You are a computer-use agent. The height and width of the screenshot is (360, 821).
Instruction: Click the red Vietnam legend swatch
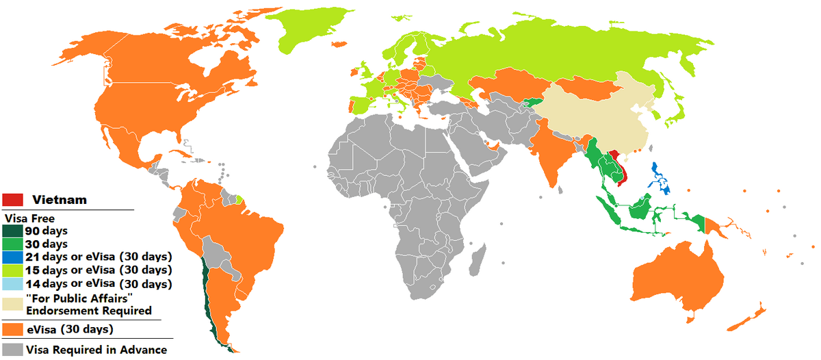pos(13,198)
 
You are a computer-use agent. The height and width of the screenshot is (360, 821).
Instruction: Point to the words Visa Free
pos(26,218)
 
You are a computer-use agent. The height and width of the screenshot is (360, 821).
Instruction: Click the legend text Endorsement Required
pos(88,310)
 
